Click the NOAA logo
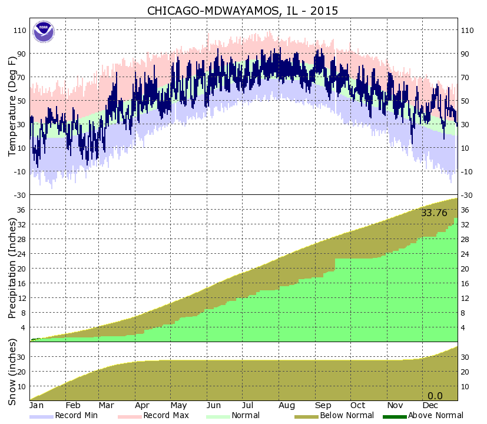(43, 31)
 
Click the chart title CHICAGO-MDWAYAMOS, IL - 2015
(243, 11)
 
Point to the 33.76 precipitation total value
(434, 213)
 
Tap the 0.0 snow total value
(435, 396)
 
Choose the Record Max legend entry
(153, 416)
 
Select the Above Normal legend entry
(419, 416)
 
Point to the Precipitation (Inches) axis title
(12, 268)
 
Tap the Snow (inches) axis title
(12, 371)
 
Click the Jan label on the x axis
(37, 406)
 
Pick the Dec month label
(430, 406)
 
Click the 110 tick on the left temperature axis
(19, 30)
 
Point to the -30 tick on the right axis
(467, 195)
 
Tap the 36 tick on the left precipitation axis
(21, 210)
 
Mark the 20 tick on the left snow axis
(21, 372)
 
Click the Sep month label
(323, 406)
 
